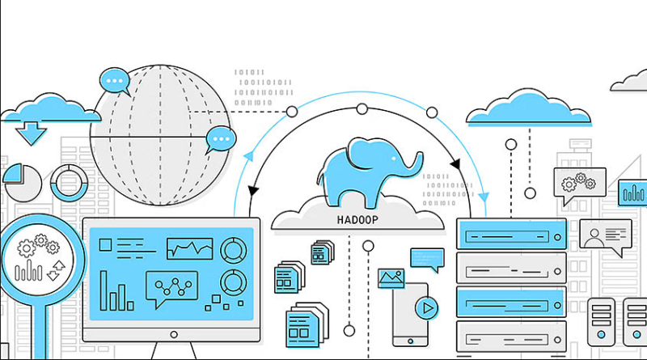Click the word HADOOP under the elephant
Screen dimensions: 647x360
[x=357, y=219]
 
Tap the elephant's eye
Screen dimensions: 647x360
[x=394, y=158]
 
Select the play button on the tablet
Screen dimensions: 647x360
[x=427, y=308]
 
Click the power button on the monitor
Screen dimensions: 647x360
[x=174, y=334]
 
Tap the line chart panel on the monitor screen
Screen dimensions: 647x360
[x=190, y=248]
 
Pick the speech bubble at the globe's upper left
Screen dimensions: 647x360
[x=115, y=82]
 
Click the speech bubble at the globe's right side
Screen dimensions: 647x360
[x=220, y=140]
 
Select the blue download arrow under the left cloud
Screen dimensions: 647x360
[x=31, y=133]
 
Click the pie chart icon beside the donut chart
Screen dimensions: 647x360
[x=22, y=183]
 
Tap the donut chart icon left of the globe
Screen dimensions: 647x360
[x=69, y=183]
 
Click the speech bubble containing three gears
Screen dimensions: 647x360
[x=579, y=184]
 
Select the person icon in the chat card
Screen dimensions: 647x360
[x=594, y=238]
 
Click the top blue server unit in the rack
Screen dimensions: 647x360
[x=511, y=234]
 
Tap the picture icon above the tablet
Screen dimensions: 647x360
[x=391, y=277]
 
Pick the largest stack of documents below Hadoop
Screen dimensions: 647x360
[x=307, y=325]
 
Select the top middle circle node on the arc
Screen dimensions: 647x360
[x=362, y=109]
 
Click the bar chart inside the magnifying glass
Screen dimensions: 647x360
[x=28, y=271]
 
